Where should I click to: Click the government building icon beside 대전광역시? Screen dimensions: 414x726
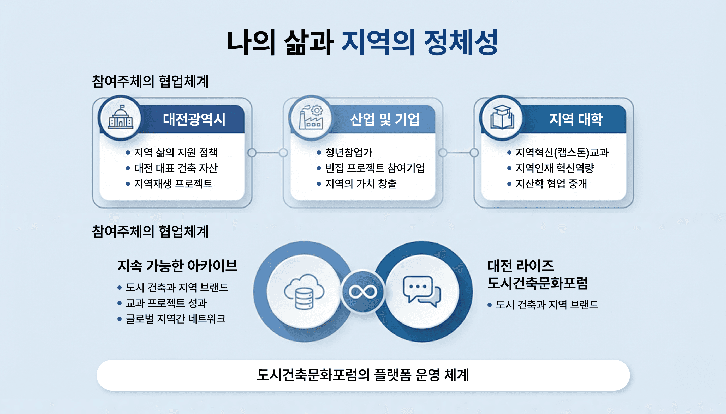(x=121, y=118)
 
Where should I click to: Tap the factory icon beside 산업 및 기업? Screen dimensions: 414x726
(x=311, y=118)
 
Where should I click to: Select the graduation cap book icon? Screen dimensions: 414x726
(x=502, y=118)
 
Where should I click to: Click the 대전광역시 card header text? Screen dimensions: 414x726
(x=194, y=119)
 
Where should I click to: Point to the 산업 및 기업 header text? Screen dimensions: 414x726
(x=385, y=119)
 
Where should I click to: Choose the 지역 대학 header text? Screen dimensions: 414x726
(x=576, y=119)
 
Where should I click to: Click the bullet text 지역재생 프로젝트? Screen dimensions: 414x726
(x=173, y=184)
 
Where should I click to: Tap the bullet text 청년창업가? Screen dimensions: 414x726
(x=349, y=153)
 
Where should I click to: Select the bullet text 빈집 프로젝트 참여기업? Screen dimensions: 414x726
(x=375, y=168)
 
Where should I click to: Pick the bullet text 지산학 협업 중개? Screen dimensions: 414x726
(x=551, y=184)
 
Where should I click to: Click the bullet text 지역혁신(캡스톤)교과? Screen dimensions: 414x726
(x=562, y=153)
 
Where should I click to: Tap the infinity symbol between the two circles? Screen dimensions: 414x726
(x=363, y=292)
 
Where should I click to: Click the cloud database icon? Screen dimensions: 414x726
(x=304, y=292)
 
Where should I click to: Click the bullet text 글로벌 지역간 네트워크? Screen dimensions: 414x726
(x=176, y=319)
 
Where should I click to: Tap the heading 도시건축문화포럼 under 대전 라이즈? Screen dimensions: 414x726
(x=538, y=283)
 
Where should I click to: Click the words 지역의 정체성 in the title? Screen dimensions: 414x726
(x=419, y=43)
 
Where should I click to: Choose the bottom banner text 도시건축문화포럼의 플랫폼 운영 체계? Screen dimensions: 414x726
(x=363, y=375)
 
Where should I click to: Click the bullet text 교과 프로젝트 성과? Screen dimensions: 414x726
(x=166, y=303)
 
